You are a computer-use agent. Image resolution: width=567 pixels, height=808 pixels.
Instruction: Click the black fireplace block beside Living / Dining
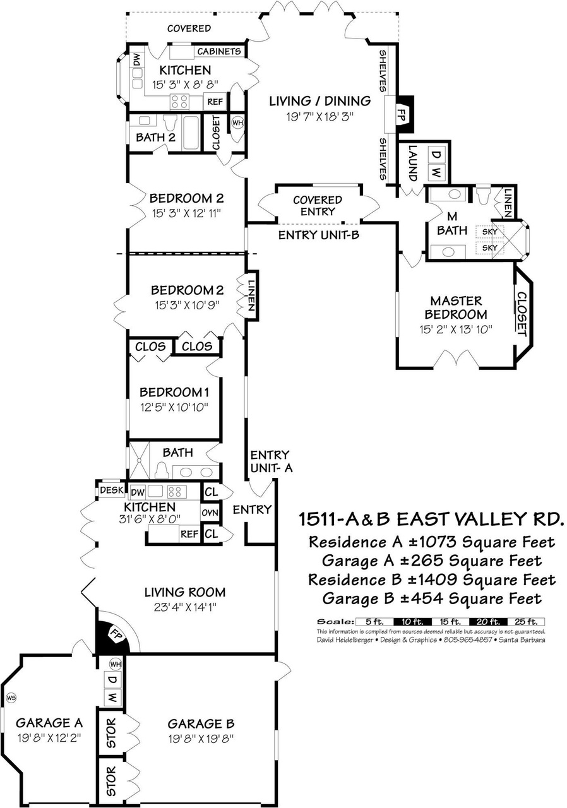(x=405, y=115)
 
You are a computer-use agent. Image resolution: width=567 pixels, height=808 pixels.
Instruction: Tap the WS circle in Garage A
(x=11, y=698)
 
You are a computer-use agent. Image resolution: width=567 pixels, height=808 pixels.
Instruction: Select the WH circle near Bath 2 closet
(x=237, y=122)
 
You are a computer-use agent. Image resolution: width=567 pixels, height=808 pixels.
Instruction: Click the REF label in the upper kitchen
(x=215, y=102)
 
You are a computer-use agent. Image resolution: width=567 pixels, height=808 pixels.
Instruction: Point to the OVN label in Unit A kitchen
(x=210, y=513)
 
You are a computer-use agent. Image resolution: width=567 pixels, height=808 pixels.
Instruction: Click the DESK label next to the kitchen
(x=112, y=490)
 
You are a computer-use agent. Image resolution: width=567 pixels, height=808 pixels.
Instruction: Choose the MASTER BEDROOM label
(x=455, y=307)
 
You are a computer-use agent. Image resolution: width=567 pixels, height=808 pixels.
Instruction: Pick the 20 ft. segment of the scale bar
(x=489, y=622)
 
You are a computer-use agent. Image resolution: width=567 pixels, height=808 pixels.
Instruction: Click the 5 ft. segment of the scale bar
(x=374, y=622)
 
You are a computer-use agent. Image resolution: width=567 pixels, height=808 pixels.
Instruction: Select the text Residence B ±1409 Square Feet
(x=432, y=579)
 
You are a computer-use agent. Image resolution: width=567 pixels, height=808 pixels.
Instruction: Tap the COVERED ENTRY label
(x=318, y=206)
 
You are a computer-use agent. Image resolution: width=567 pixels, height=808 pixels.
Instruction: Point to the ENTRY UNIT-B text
(x=319, y=235)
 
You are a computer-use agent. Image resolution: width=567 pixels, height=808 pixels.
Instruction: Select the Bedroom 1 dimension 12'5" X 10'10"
(x=174, y=407)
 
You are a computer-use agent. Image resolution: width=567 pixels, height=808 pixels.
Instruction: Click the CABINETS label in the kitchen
(x=219, y=51)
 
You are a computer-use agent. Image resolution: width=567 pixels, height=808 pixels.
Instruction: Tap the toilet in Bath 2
(x=169, y=122)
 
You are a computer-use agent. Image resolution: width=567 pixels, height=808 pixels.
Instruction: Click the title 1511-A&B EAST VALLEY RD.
(x=431, y=519)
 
